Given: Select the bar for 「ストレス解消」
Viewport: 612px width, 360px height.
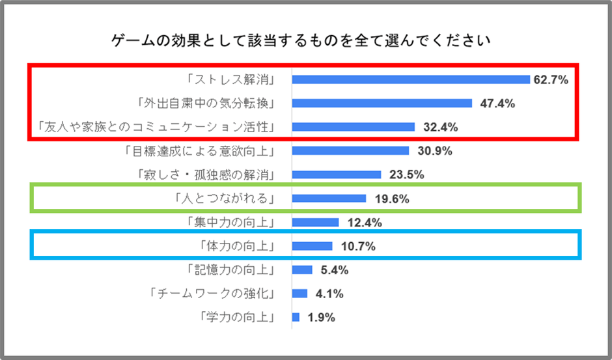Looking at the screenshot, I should click(x=411, y=79).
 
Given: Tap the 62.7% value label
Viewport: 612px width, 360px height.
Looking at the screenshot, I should click(x=551, y=80).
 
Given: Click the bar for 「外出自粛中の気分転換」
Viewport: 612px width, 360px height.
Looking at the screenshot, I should click(x=382, y=103).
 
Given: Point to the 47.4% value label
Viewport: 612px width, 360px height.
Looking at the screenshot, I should click(x=493, y=104).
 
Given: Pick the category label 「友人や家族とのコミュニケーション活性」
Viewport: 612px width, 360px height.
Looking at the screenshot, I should click(x=155, y=127).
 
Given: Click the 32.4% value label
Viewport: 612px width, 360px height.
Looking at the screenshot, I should click(x=436, y=128).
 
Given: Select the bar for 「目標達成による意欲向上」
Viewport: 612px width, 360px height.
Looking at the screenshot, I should click(x=350, y=150).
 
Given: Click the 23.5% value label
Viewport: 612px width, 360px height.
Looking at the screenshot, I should click(x=402, y=174).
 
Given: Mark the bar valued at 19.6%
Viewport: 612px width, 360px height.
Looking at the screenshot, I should click(x=329, y=199).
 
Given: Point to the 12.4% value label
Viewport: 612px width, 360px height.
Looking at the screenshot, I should click(x=360, y=223).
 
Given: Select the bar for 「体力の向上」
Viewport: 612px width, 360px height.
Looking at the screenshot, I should click(x=312, y=246).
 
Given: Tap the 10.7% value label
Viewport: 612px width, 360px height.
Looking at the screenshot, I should click(x=354, y=247).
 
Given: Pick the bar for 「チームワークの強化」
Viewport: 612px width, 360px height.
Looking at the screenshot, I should click(x=299, y=294).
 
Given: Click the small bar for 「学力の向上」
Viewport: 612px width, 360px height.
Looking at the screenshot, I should click(x=296, y=317).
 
